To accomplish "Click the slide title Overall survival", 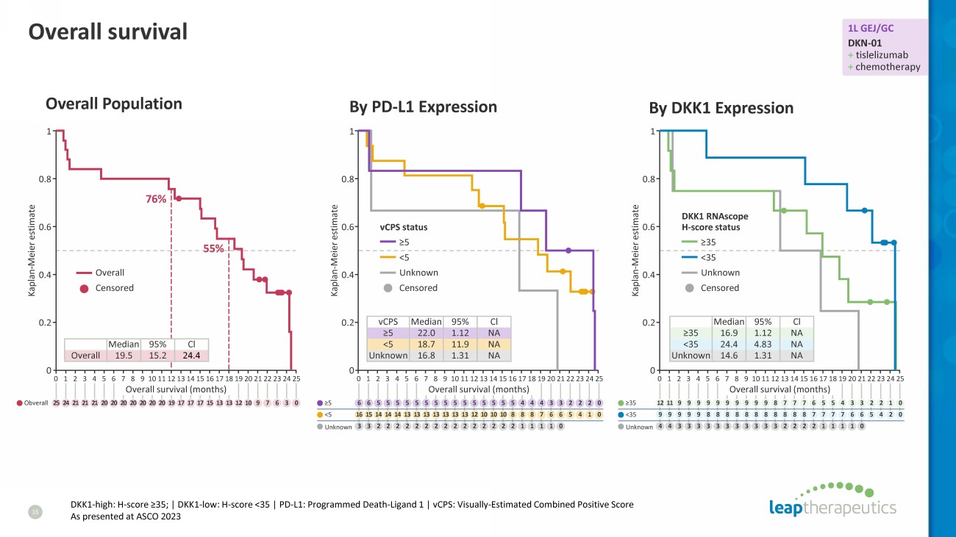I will coord(107,32).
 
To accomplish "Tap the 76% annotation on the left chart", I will coord(155,199).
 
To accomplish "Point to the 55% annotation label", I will coord(213,249).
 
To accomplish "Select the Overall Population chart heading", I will coord(114,104).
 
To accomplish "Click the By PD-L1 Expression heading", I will coord(423,107).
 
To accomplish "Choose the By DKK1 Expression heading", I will coord(721,108).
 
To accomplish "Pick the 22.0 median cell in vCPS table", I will coord(426,333).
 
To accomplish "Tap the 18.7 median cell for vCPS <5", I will coord(426,344).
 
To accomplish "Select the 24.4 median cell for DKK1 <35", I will coord(729,344).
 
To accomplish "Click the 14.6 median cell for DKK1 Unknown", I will coord(729,356).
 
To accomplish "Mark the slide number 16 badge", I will coord(32,511).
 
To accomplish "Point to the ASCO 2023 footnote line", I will coord(125,516).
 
